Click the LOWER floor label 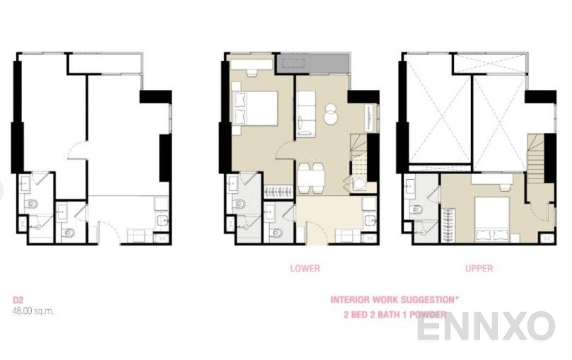(x=305, y=269)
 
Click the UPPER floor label (x=479, y=269)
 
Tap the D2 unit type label (x=18, y=300)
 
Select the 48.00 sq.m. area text (x=33, y=311)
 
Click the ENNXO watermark (x=486, y=327)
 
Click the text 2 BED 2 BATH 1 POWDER (x=395, y=315)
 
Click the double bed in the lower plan (x=255, y=108)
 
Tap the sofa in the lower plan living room (x=305, y=114)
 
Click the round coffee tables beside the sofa (x=331, y=114)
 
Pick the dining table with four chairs (x=310, y=178)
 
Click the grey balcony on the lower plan (x=313, y=64)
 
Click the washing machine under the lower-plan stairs (x=359, y=184)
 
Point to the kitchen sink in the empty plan (x=161, y=220)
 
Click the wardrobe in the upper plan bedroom (x=448, y=224)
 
